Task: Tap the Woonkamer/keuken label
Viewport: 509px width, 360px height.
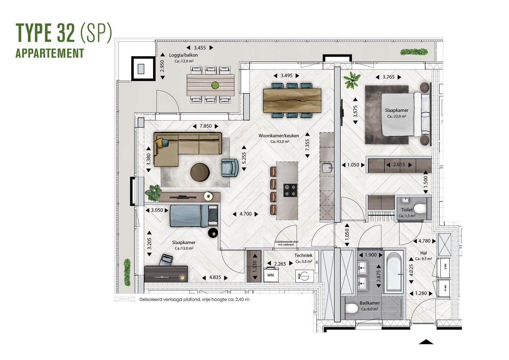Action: pos(279,136)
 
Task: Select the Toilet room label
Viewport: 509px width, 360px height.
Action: pos(407,210)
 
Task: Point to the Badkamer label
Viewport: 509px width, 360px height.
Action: pos(370,303)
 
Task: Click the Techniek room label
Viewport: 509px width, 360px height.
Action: pos(303,255)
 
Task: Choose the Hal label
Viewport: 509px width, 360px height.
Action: pos(423,253)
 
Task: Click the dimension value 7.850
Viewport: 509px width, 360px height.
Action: pos(205,126)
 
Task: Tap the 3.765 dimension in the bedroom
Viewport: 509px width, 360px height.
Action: pos(388,77)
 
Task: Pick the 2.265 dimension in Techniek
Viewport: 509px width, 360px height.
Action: pos(280,264)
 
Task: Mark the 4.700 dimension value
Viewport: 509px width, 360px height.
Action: pos(245,214)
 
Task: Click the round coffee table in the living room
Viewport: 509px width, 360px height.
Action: pos(200,172)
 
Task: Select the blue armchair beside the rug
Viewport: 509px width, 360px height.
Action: pos(230,167)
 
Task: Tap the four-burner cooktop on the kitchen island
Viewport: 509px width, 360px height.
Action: pos(290,190)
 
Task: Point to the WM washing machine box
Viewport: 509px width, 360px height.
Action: pos(270,275)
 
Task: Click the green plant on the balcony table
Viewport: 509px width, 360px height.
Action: pos(215,85)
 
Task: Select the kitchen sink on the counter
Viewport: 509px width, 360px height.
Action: pos(328,168)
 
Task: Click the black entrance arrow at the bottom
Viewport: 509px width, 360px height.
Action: pos(426,342)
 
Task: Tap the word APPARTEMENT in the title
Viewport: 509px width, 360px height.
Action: pos(50,53)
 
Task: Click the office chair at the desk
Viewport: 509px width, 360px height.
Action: pos(166,260)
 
